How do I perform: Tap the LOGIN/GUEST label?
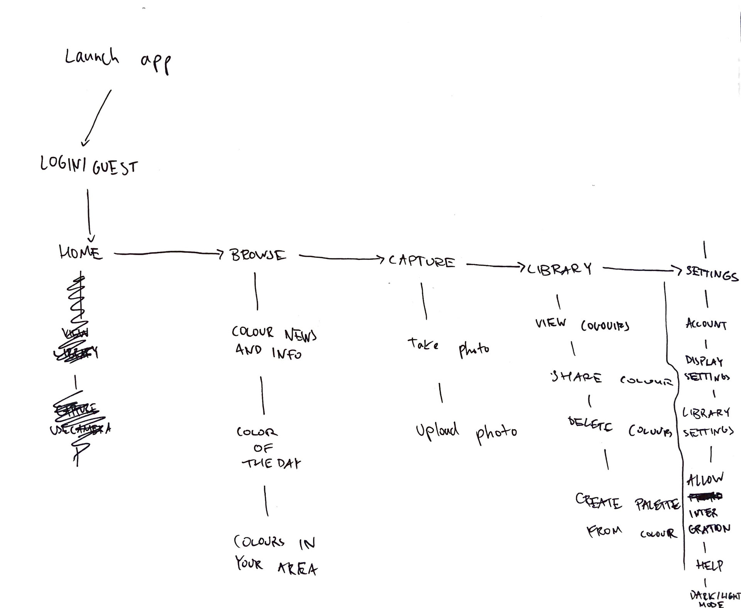tap(89, 166)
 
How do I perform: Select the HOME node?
tap(81, 253)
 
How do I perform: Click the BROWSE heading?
tap(258, 255)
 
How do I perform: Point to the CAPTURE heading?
tap(421, 261)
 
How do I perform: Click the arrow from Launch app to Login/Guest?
tap(97, 118)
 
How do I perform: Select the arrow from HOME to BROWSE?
tap(168, 253)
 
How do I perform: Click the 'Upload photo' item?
tap(466, 432)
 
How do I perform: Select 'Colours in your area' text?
tap(275, 555)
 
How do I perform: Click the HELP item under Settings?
tap(709, 565)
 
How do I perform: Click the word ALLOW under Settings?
tap(705, 479)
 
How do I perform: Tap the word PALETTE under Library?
tap(657, 504)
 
